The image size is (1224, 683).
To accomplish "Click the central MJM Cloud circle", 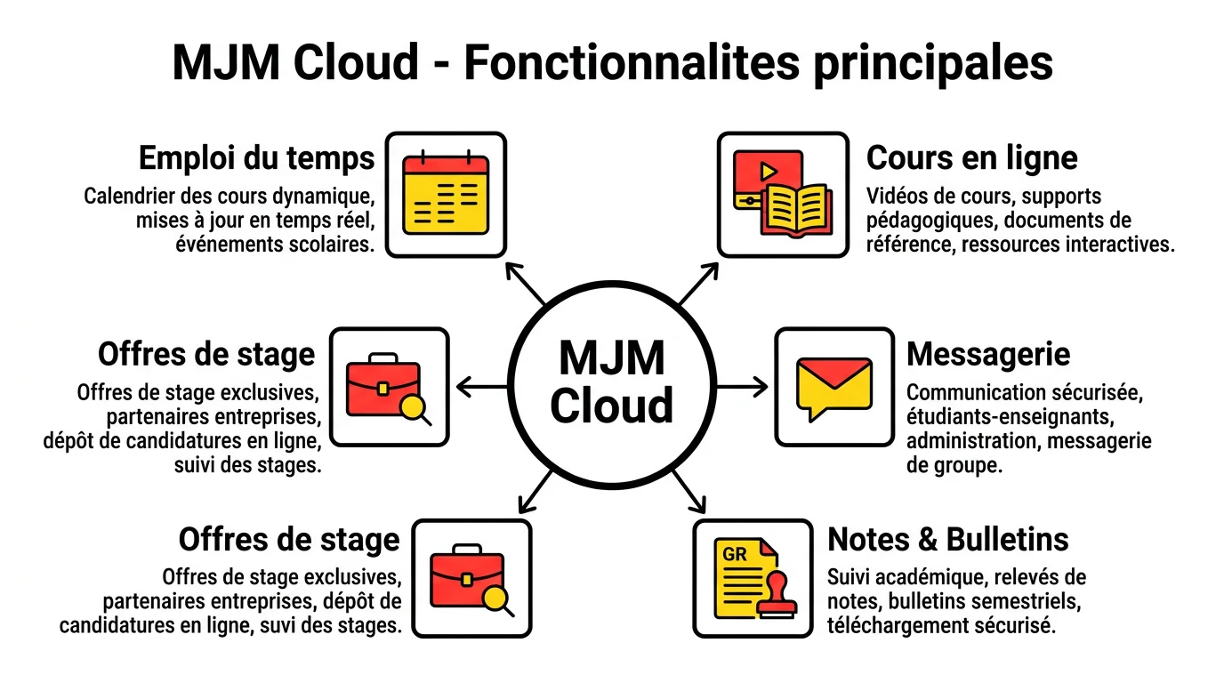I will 612,384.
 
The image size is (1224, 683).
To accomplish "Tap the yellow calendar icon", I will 446,195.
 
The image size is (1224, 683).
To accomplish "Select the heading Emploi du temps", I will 256,159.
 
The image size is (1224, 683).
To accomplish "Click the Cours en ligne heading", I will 971,158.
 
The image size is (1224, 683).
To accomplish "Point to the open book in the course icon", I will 796,209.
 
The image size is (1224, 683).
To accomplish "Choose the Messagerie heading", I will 988,354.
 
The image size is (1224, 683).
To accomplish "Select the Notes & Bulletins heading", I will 948,539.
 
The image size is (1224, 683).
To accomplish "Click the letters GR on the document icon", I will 735,555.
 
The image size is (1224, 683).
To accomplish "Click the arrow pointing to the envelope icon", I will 744,386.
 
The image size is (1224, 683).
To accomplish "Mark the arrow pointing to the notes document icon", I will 688,491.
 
